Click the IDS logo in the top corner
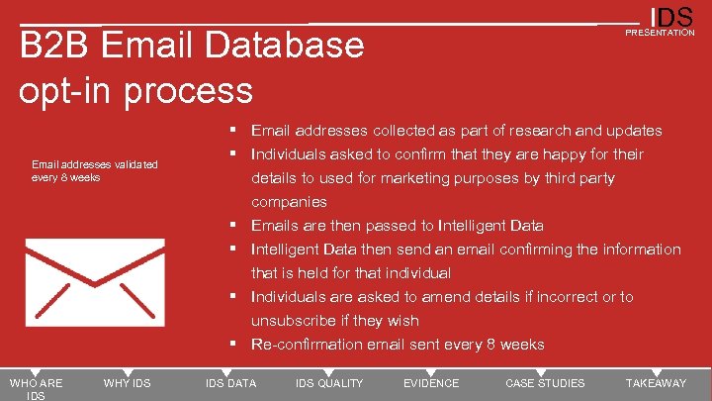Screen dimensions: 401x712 point(671,17)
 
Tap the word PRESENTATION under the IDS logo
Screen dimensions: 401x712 point(660,33)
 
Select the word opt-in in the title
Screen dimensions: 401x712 point(65,90)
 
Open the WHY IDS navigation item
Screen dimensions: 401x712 point(127,383)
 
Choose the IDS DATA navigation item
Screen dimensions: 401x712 point(230,383)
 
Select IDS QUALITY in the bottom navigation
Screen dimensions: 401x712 point(329,383)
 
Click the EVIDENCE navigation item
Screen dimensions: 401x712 point(431,383)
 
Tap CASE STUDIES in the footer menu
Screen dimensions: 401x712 point(545,383)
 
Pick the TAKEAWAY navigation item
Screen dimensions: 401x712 point(656,383)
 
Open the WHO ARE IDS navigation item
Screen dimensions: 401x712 point(36,389)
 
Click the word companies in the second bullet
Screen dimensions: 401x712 point(289,202)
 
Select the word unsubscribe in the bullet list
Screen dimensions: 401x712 point(295,321)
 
